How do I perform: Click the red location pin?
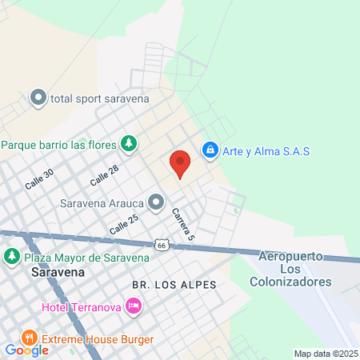pyautogui.click(x=180, y=162)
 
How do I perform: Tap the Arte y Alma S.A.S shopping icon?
pyautogui.click(x=210, y=150)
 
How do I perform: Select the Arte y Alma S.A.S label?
pyautogui.click(x=266, y=150)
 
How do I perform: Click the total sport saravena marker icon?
pyautogui.click(x=38, y=98)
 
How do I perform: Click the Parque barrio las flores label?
pyautogui.click(x=59, y=145)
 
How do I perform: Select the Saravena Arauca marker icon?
pyautogui.click(x=156, y=202)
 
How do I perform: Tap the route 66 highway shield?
pyautogui.click(x=162, y=245)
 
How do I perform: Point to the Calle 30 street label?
pyautogui.click(x=38, y=178)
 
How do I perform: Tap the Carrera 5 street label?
pyautogui.click(x=182, y=225)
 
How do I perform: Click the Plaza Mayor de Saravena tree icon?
pyautogui.click(x=12, y=258)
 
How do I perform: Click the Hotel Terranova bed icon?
pyautogui.click(x=134, y=306)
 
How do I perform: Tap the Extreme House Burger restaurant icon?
pyautogui.click(x=30, y=337)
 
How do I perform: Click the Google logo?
pyautogui.click(x=26, y=350)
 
